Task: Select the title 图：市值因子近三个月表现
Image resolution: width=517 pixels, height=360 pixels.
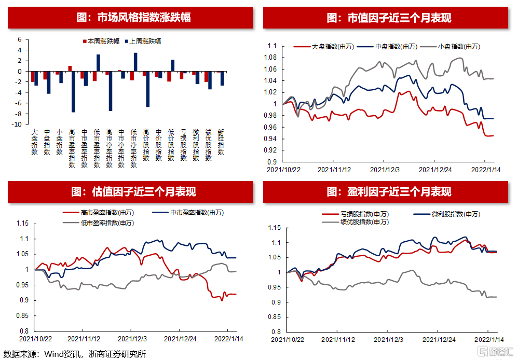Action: [389, 18]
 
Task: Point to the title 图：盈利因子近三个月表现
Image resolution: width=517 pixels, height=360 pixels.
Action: [389, 191]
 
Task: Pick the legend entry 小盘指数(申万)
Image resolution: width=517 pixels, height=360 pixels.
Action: [459, 47]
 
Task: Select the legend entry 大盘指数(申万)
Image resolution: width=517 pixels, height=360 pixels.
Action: [333, 47]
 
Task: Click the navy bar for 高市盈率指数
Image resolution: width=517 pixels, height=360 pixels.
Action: [74, 91]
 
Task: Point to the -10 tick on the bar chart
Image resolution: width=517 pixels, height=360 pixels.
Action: [17, 124]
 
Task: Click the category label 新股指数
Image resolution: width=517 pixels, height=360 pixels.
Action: [221, 142]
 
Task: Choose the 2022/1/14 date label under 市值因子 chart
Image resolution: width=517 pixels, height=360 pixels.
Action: [485, 169]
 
